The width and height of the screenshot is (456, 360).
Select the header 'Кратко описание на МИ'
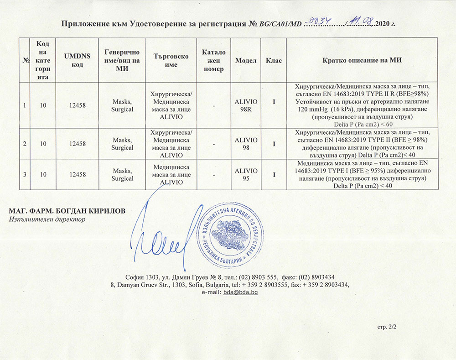tap(362, 60)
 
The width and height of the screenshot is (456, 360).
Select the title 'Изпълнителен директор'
tap(47, 219)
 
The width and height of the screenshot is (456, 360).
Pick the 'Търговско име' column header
tap(171, 60)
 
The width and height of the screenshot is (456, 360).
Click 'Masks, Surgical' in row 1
tap(122, 105)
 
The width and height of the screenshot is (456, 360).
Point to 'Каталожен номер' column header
tap(211, 60)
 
